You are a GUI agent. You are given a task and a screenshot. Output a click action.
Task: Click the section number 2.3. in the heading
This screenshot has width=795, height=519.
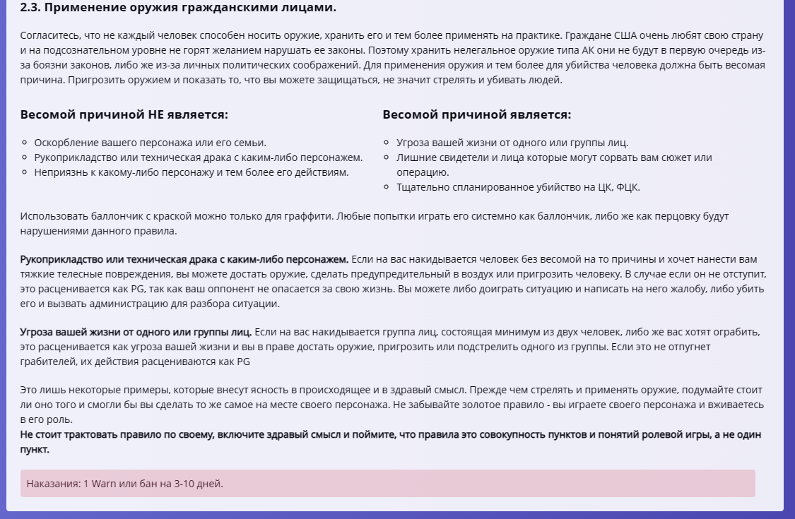coord(33,8)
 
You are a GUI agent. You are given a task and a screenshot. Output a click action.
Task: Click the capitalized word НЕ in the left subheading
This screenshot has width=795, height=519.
coord(155,114)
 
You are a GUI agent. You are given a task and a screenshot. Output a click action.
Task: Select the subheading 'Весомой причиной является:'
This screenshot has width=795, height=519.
coord(477,114)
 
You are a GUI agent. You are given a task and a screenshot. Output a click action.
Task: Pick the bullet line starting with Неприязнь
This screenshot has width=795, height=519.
coord(191,172)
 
